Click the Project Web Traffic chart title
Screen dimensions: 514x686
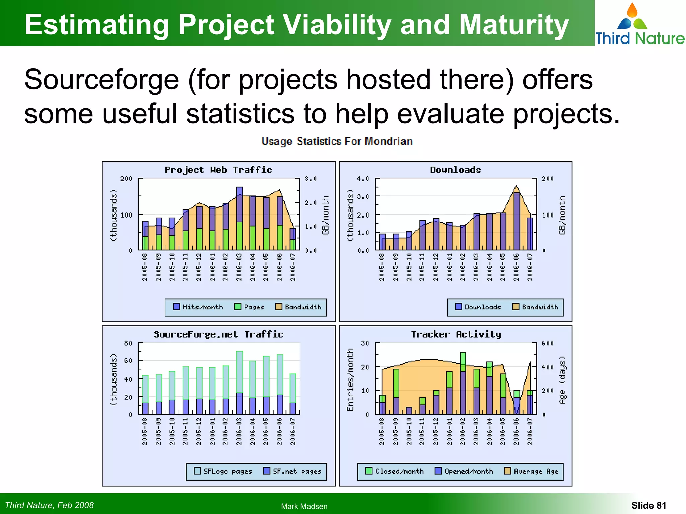218,170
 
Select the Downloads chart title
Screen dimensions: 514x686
455,170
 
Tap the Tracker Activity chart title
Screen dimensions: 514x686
456,334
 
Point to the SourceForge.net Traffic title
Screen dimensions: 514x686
218,334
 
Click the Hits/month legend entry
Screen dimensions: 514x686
198,307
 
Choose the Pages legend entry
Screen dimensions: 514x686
249,307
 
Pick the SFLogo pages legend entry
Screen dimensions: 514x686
223,471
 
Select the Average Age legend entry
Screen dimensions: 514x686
532,471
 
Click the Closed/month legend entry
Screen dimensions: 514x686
395,471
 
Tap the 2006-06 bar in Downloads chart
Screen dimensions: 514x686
517,221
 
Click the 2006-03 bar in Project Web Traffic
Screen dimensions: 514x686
239,218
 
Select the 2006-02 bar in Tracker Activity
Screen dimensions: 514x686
463,383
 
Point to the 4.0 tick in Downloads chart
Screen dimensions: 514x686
363,179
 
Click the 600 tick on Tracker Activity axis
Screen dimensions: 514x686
548,343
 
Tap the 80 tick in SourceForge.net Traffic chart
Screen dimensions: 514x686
128,343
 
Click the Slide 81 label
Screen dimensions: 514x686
648,505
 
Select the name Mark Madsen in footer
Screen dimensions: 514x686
304,506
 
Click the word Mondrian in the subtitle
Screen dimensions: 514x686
389,142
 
